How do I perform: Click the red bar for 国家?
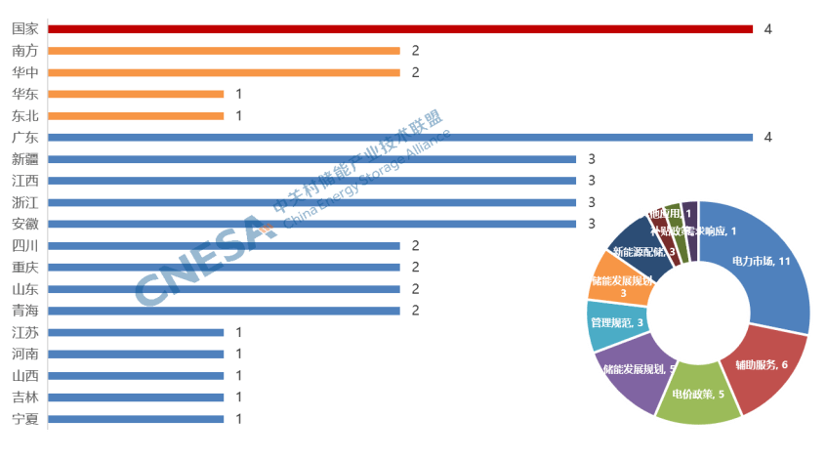coord(400,29)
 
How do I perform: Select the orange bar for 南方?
coord(224,51)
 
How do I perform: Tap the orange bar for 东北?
coord(136,115)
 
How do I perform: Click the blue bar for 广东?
coord(400,138)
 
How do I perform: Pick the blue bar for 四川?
coord(224,246)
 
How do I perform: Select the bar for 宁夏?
coord(136,419)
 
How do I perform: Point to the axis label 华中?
coord(24,72)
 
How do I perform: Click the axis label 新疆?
coord(24,159)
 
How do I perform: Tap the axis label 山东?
coord(24,289)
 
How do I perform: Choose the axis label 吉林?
coord(24,397)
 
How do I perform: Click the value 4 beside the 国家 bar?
coord(768,29)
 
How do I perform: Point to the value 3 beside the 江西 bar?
coord(592,181)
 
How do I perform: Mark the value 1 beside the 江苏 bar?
coord(239,333)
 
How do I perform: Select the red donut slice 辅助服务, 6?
coord(766,366)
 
